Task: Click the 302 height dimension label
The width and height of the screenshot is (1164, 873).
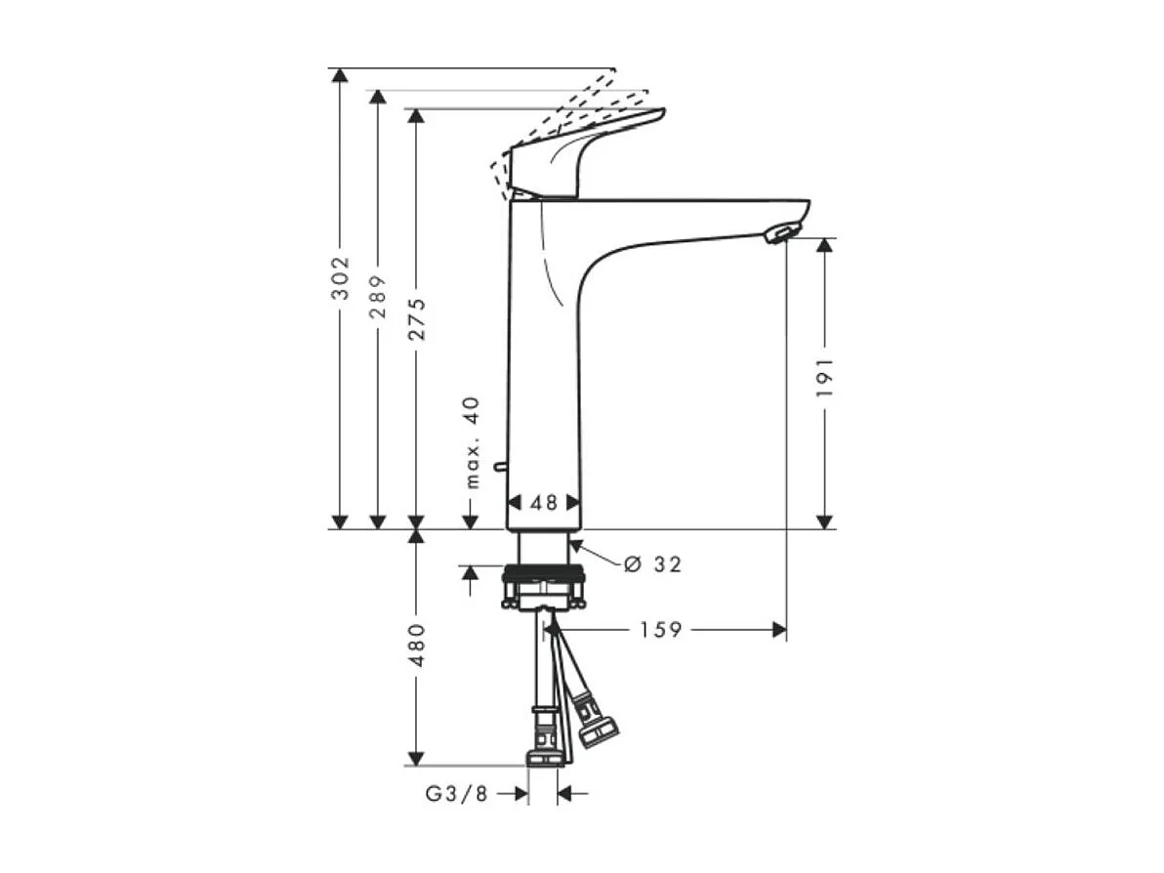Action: (x=340, y=277)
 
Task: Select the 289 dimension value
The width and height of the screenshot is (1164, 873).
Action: (x=378, y=296)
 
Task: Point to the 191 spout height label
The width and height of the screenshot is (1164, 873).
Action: (x=825, y=376)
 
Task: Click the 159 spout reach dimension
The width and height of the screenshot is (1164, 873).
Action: (x=660, y=630)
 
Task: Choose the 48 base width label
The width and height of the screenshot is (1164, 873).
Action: (x=544, y=503)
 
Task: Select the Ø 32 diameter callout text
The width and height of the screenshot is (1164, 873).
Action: (x=651, y=564)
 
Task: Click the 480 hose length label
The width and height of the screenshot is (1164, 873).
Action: (x=417, y=644)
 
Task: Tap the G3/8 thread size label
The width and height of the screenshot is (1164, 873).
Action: (x=456, y=794)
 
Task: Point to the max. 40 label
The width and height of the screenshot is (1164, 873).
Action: (x=473, y=441)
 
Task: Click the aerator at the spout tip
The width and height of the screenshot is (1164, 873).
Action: (x=781, y=233)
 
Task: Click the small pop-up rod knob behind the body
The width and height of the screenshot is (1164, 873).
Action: (x=499, y=468)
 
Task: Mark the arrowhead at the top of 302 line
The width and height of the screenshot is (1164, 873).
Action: (x=339, y=76)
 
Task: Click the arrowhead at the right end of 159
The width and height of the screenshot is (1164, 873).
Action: (x=778, y=630)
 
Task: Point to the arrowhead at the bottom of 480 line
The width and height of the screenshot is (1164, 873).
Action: (x=417, y=758)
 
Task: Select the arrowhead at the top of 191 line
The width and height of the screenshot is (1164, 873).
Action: (x=825, y=245)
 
